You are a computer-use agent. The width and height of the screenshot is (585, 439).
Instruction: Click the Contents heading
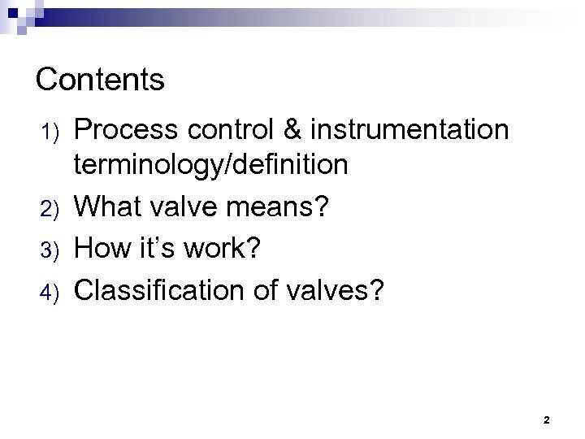(x=101, y=80)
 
